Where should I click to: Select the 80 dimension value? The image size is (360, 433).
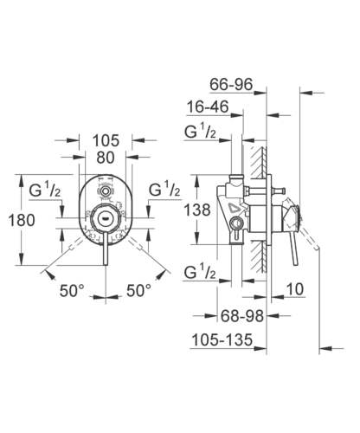(x=105, y=158)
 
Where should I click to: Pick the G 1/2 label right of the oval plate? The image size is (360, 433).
(x=164, y=191)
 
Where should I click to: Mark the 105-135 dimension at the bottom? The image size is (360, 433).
(x=215, y=340)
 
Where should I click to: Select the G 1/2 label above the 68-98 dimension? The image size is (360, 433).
(x=202, y=274)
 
